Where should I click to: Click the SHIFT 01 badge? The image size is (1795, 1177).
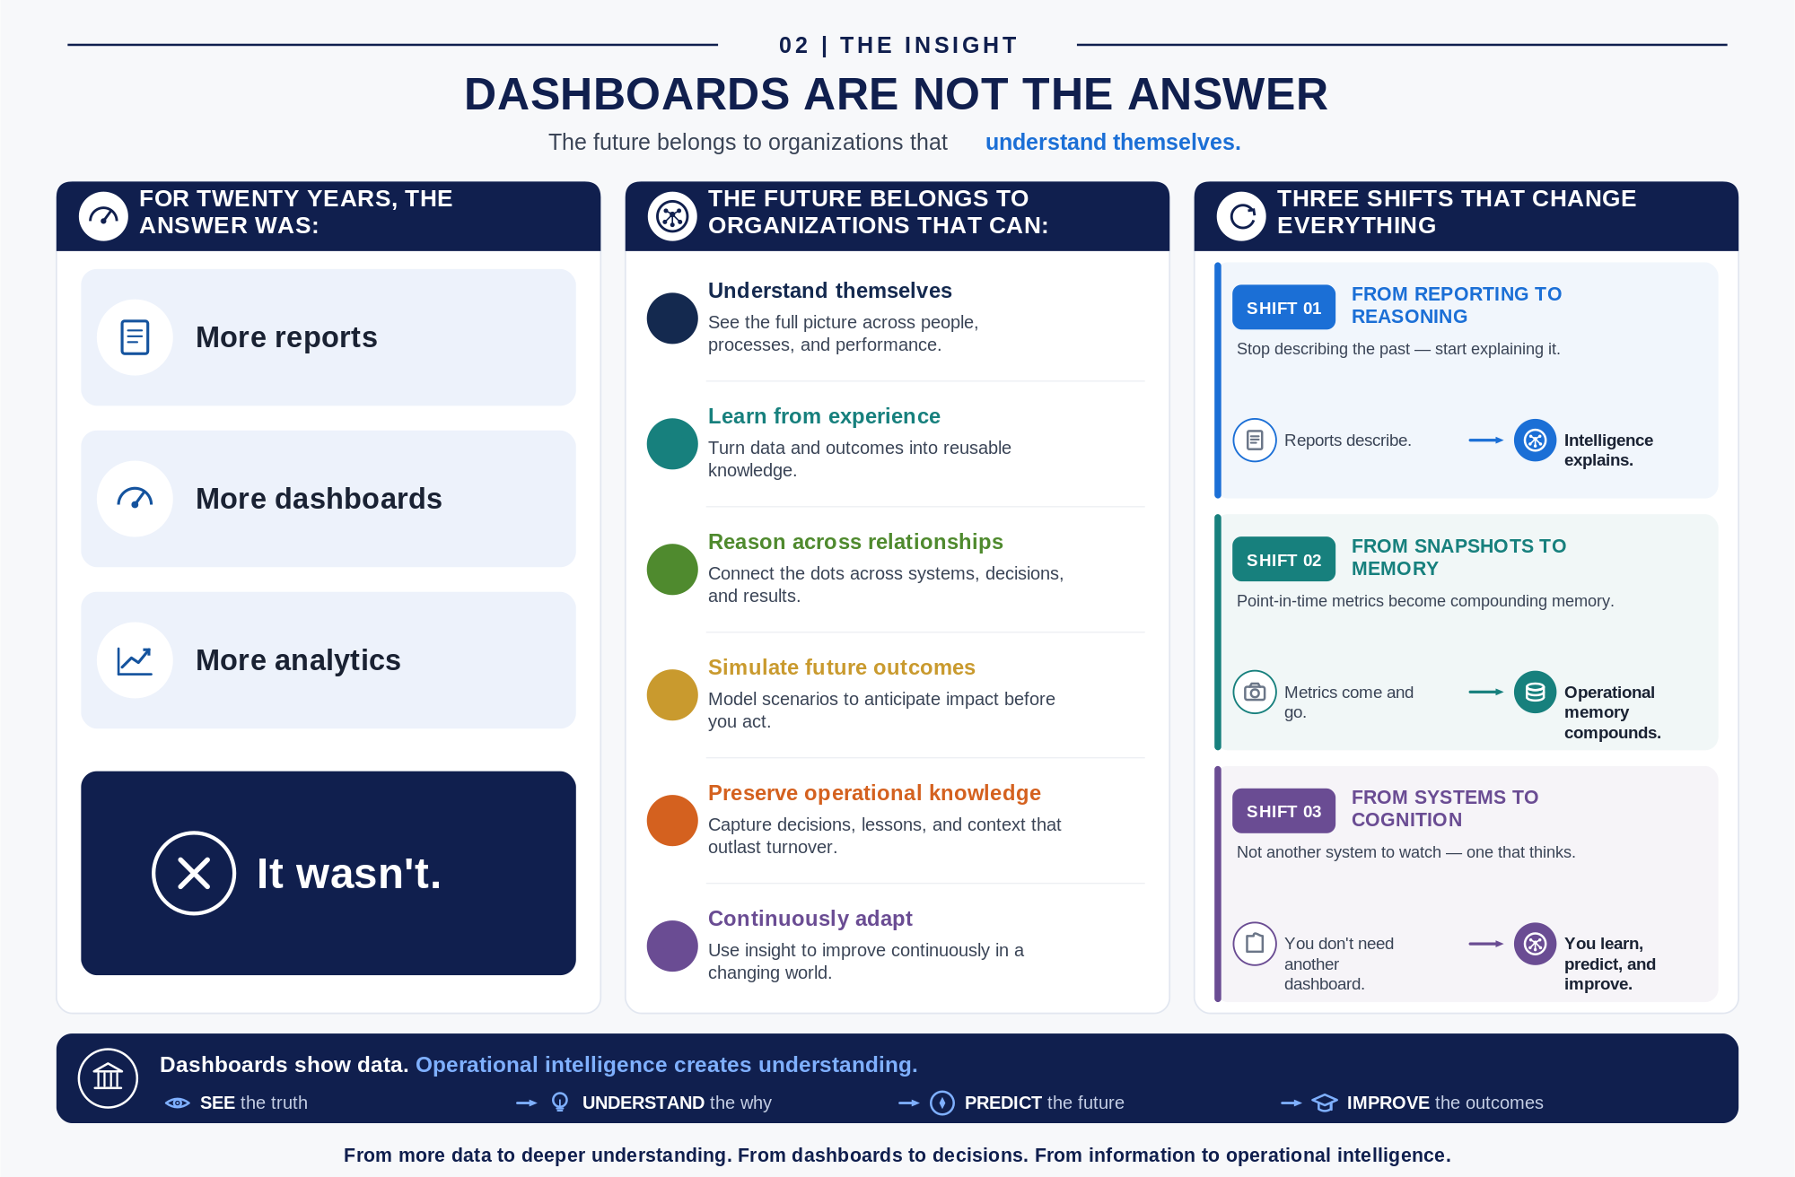coord(1283,308)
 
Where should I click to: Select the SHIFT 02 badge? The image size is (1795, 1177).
coord(1283,560)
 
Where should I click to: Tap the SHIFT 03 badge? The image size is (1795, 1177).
coord(1283,811)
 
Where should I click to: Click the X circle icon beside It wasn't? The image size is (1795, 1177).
coord(194,873)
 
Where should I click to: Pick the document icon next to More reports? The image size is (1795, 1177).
coord(135,337)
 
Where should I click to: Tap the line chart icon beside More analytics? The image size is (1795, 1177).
coord(135,661)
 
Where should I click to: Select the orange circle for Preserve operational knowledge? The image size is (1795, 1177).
coord(672,820)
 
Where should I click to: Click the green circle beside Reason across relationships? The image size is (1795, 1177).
coord(672,569)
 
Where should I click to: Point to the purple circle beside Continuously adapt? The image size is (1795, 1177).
coord(672,946)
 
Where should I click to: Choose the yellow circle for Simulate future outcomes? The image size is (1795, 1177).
coord(672,694)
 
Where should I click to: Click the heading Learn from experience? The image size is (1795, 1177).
coord(824,416)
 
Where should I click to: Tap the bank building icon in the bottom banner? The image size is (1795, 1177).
coord(108,1077)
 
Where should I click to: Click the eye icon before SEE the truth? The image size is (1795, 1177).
coord(178,1103)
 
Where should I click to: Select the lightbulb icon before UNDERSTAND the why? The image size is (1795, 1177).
coord(560,1102)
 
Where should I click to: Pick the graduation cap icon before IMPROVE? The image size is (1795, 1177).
coord(1325,1103)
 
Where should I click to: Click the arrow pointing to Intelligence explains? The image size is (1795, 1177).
coord(1486,440)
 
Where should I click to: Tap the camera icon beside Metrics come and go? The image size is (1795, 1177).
coord(1255,692)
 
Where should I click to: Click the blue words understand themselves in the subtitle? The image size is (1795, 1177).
coord(1113,142)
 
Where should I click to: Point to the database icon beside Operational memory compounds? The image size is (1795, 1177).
coord(1535,692)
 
